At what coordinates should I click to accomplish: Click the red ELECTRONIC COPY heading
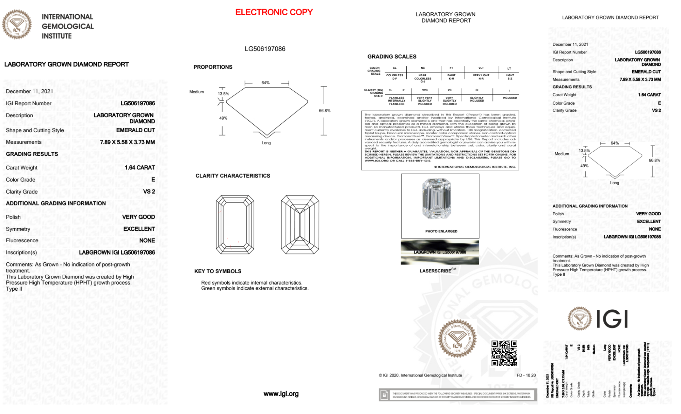(x=274, y=12)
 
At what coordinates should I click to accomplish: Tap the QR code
(x=504, y=353)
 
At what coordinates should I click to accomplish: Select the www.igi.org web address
(x=281, y=394)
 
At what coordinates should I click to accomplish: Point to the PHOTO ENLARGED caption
(x=441, y=231)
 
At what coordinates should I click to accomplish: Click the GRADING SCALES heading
(x=392, y=57)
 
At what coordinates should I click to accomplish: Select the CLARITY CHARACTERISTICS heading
(x=233, y=176)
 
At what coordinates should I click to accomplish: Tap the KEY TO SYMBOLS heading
(x=218, y=271)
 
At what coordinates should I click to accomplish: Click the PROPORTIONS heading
(x=213, y=67)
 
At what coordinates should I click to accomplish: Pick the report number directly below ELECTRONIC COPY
(x=265, y=49)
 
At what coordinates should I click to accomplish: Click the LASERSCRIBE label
(x=436, y=271)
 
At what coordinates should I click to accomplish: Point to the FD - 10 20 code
(x=526, y=375)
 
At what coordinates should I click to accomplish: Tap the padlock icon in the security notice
(x=384, y=395)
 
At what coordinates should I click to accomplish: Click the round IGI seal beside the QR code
(x=457, y=339)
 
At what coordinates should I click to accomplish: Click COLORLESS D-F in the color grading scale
(x=394, y=77)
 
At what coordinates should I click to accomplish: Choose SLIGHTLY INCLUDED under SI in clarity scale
(x=476, y=99)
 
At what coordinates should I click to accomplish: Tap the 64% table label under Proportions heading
(x=265, y=83)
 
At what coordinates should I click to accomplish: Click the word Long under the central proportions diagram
(x=266, y=143)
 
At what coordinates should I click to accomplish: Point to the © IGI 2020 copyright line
(x=420, y=375)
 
